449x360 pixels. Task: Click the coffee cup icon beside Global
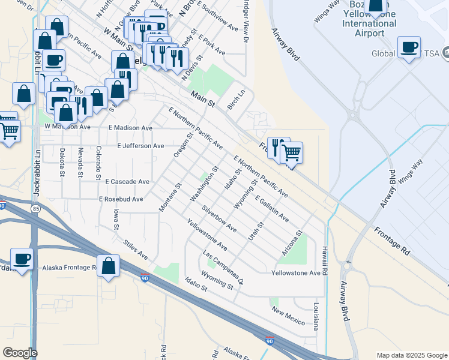tap(409, 47)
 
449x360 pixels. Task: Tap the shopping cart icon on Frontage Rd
tap(291, 153)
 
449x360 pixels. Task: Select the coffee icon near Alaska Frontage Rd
tap(22, 259)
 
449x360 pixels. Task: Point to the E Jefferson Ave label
tap(140, 146)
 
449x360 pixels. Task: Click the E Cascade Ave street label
tap(127, 181)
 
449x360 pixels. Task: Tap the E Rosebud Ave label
tap(121, 199)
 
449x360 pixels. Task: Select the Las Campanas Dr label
tap(223, 268)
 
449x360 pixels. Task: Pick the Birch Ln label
tap(237, 100)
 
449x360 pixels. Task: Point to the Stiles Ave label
tap(135, 250)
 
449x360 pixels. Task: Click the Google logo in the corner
tap(20, 353)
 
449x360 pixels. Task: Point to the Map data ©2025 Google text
tap(411, 355)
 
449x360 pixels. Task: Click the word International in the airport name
tap(369, 23)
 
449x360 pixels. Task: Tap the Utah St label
tap(256, 232)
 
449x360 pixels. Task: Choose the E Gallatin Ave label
tap(271, 208)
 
